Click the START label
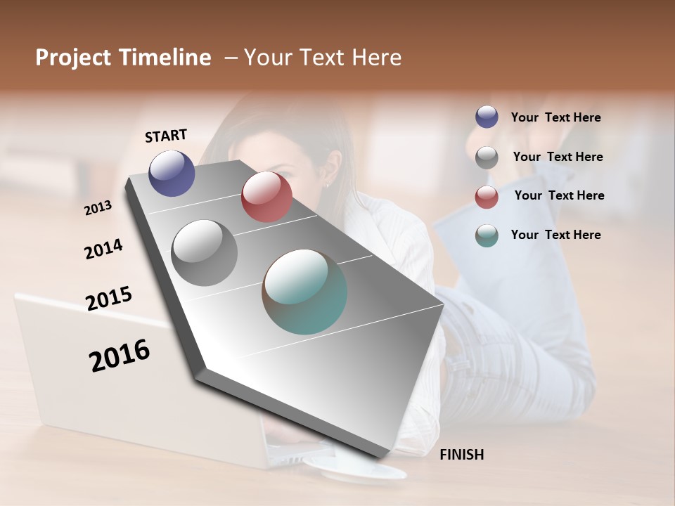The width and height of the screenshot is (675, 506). pos(167,136)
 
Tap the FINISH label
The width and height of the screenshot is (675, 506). pos(462,455)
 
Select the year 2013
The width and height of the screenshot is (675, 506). pos(98,207)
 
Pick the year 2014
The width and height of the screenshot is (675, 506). pos(104,249)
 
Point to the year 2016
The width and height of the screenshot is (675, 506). pos(120,356)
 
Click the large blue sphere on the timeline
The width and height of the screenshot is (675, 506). pos(172,174)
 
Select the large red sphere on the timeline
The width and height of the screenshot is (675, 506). pos(266,197)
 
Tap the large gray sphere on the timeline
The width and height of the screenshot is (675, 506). pos(204,253)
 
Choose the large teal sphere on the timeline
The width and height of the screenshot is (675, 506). pos(304,292)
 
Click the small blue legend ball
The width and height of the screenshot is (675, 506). pos(487,117)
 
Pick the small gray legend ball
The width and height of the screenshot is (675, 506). pos(487,157)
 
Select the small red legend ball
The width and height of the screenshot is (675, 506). pos(487,196)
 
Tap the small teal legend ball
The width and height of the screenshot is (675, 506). pos(487,235)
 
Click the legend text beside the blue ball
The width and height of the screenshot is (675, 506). pos(556,118)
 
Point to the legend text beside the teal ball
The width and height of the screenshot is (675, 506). pos(556,235)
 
